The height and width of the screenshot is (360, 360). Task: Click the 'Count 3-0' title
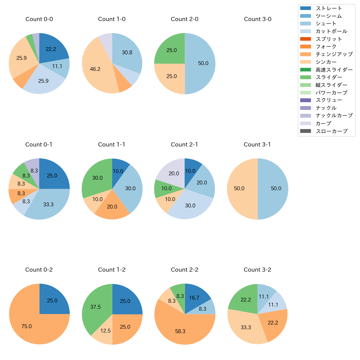pos(258,19)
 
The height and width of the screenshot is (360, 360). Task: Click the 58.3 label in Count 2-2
pos(180,331)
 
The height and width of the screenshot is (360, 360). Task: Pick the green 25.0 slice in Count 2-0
pos(170,50)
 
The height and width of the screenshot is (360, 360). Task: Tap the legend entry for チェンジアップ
pos(334,54)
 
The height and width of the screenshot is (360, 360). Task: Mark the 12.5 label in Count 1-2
pos(106,331)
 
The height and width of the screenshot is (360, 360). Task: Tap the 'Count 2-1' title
pos(184,145)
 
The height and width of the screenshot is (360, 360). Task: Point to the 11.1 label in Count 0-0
pos(57,66)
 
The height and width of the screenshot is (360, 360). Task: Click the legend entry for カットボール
pos(331,31)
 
